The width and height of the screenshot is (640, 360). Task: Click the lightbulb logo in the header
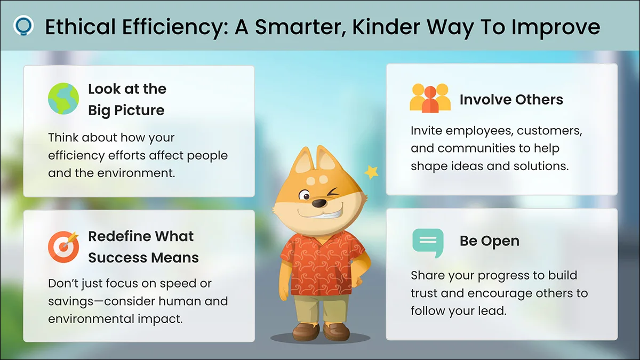pos(23,26)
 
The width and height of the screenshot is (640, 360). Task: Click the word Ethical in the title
pos(81,27)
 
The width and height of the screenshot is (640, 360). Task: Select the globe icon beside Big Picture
pos(63,99)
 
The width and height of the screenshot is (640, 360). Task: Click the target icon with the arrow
pos(63,246)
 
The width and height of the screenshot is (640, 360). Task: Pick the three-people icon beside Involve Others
pos(430,98)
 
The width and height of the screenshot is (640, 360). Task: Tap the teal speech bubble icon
pos(428,243)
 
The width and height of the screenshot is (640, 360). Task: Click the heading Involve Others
pos(511,99)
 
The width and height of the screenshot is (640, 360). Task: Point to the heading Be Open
pos(490,241)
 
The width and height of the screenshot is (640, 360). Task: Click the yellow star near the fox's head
pos(371,172)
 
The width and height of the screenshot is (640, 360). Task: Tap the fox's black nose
pos(319,203)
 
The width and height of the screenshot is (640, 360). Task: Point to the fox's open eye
pos(305,196)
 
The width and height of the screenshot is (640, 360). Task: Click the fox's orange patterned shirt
pos(322,263)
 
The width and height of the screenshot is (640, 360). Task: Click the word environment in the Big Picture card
pos(135,173)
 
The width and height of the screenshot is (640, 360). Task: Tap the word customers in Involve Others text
pos(549,131)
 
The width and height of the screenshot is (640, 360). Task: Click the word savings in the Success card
pos(70,302)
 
